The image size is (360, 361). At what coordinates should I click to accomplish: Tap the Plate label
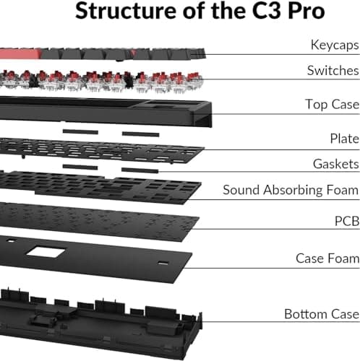point(344,138)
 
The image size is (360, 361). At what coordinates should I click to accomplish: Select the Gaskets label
point(335,164)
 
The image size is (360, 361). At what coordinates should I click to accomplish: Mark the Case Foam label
point(327,258)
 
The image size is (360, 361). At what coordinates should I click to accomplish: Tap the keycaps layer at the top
point(101,53)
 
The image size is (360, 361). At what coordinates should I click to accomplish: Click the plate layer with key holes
point(101,150)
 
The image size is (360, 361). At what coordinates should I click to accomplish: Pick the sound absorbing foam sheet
point(101,186)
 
